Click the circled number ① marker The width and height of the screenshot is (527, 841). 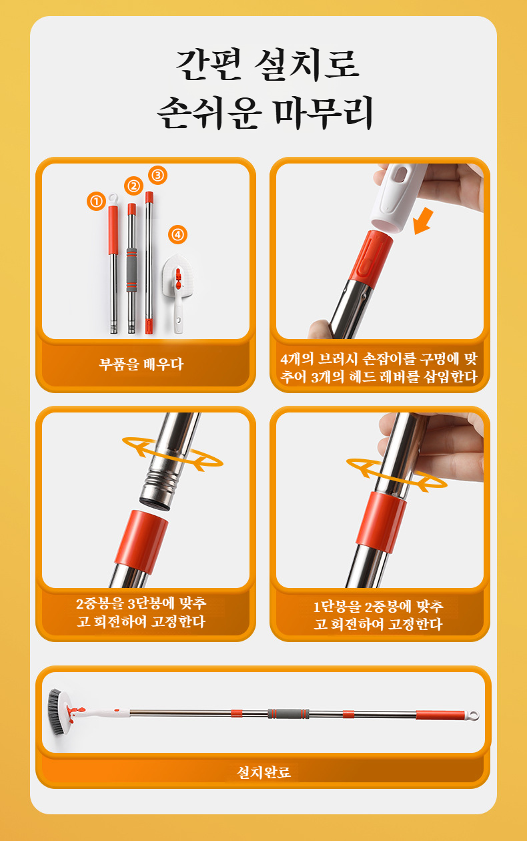(x=96, y=202)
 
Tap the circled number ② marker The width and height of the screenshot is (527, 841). (x=133, y=186)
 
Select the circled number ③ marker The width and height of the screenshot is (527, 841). (x=157, y=175)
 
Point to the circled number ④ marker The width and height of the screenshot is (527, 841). (x=177, y=235)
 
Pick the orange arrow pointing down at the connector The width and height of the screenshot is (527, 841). (x=424, y=222)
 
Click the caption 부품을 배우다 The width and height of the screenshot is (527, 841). (x=141, y=364)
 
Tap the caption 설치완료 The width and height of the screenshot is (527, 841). (x=263, y=772)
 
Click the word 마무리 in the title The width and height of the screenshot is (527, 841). (x=324, y=112)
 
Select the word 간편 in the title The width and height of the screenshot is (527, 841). (x=208, y=65)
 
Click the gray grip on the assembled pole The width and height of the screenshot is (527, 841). (x=288, y=714)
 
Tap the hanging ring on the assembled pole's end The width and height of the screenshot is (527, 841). (x=473, y=716)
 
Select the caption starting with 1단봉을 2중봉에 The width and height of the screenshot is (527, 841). (x=378, y=615)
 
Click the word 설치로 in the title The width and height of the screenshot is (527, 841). (x=307, y=65)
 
